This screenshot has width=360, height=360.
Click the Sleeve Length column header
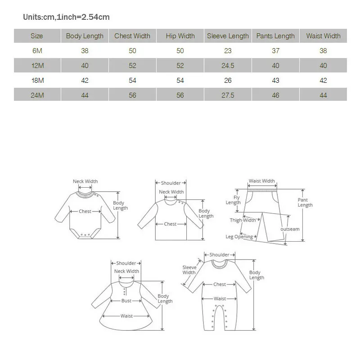coord(228,36)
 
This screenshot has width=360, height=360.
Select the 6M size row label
coord(37,51)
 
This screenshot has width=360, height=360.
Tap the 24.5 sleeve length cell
coord(228,66)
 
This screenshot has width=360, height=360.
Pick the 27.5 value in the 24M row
coord(228,95)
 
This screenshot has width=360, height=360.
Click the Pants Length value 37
coord(275,51)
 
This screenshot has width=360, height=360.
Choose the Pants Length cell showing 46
coord(275,95)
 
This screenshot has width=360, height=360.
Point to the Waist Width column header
coord(323,36)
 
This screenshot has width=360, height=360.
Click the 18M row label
coord(37,81)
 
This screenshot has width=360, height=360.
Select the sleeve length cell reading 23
coord(228,51)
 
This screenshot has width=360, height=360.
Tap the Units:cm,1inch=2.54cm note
coord(67,17)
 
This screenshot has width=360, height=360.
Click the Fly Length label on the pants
coord(233,200)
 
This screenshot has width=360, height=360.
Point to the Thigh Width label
coord(243,220)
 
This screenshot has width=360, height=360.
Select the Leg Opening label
coord(239,237)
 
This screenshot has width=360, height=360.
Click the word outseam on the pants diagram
coord(290,229)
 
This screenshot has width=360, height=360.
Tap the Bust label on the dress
coord(126,301)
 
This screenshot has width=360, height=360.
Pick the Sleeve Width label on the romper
coord(189,270)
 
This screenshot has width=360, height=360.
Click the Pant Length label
coord(305,202)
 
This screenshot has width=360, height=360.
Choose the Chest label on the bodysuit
coord(85,211)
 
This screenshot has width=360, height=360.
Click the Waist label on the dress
coord(126,316)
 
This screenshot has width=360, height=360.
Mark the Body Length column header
coord(85,36)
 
